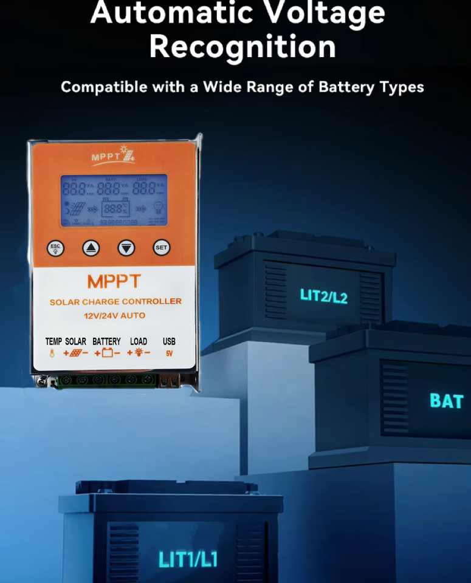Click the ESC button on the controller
click(56, 248)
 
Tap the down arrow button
click(126, 248)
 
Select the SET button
click(161, 248)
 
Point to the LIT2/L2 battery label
click(323, 296)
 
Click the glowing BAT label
click(447, 401)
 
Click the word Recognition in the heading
click(242, 46)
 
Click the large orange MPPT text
click(114, 282)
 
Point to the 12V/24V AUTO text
click(114, 316)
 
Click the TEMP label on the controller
click(53, 341)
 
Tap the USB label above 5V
click(169, 341)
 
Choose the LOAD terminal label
click(139, 341)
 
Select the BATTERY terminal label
click(106, 341)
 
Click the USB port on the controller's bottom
click(170, 381)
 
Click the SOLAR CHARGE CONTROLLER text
click(115, 302)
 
